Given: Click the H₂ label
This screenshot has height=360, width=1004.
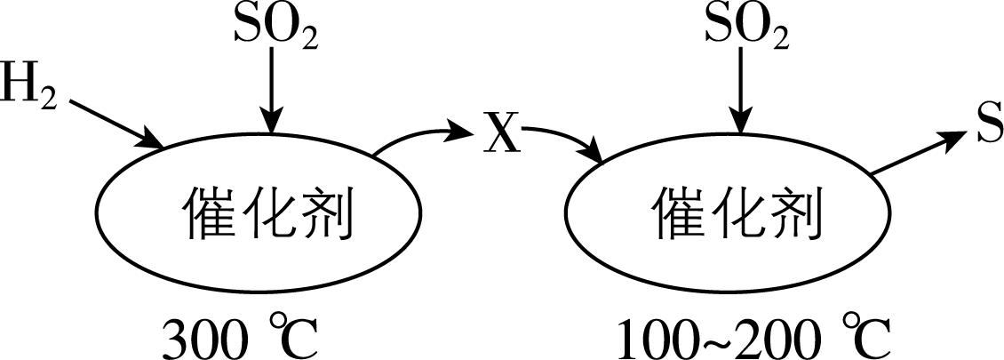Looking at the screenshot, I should [29, 88].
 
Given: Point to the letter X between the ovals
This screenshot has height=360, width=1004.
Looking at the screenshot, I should [502, 137].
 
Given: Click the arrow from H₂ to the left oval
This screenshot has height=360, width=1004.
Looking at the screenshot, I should [114, 123].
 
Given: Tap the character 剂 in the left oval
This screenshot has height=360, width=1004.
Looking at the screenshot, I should [324, 214].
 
